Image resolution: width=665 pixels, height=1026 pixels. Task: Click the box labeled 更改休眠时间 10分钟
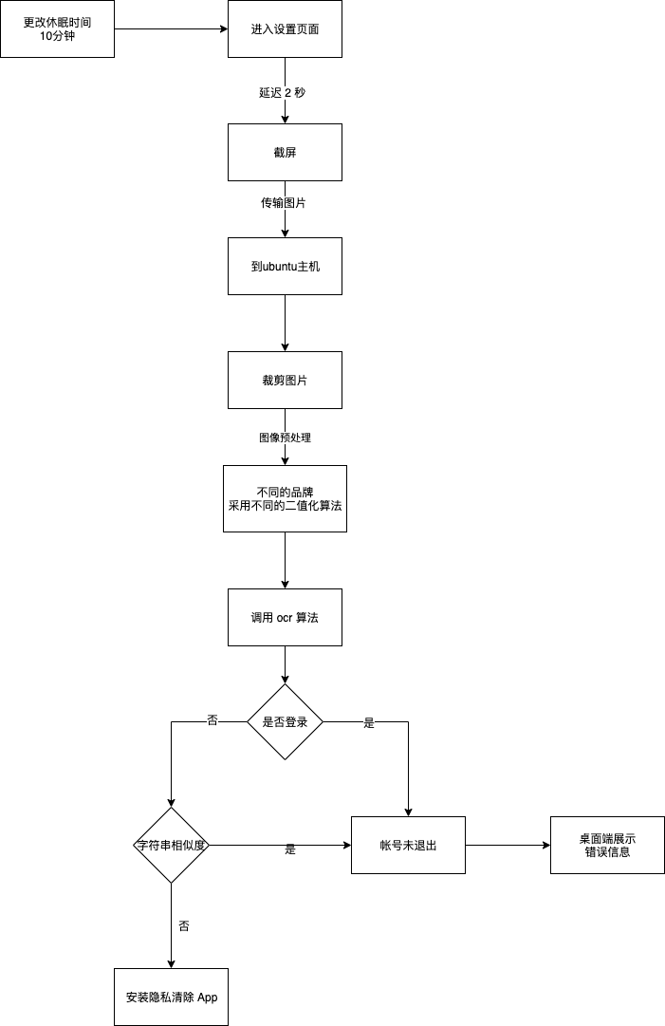click(x=57, y=28)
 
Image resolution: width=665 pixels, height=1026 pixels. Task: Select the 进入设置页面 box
click(x=285, y=28)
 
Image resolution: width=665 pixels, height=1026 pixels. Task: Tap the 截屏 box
click(x=285, y=152)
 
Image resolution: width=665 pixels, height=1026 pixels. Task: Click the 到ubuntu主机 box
click(x=285, y=266)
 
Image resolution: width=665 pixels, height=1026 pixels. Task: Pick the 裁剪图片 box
click(x=285, y=380)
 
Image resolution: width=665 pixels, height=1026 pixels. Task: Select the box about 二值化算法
click(x=285, y=498)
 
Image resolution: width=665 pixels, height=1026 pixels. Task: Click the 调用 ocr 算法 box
click(x=285, y=617)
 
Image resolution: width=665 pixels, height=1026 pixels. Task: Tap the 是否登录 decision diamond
click(x=285, y=721)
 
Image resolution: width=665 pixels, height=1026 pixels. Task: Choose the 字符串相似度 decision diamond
click(x=171, y=845)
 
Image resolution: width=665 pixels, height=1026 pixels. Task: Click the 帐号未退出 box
click(x=408, y=845)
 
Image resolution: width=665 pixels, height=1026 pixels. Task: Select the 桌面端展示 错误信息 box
click(x=607, y=845)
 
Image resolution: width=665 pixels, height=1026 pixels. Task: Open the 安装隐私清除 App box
click(x=171, y=997)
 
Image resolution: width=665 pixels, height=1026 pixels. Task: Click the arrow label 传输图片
click(x=285, y=204)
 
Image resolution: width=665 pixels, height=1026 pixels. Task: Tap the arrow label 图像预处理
click(x=285, y=438)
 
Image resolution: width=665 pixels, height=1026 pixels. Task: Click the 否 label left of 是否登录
click(x=212, y=720)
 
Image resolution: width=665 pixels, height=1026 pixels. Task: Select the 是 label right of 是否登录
click(x=369, y=723)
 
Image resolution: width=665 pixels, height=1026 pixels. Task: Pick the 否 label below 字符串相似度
click(x=183, y=925)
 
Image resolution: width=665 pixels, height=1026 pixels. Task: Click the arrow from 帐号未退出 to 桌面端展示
click(x=508, y=845)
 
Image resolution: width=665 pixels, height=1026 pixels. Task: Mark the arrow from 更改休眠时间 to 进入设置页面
click(x=171, y=28)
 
